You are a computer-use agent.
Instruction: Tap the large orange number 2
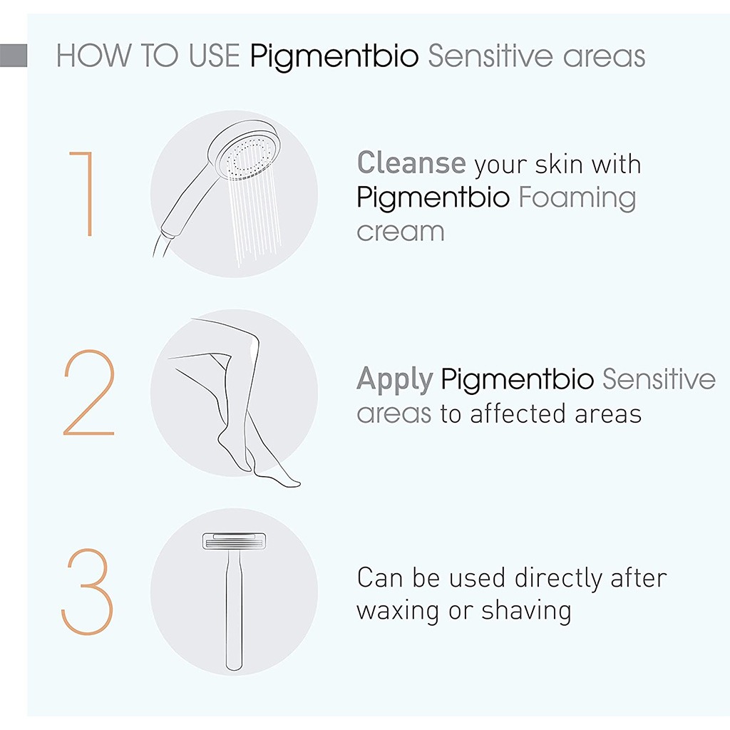[x=89, y=394]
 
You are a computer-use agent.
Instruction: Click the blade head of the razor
[x=234, y=543]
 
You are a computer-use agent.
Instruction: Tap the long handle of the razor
[x=234, y=613]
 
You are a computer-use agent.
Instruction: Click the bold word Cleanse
[x=411, y=163]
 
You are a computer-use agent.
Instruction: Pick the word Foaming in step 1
[x=577, y=197]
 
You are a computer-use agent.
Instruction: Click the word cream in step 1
[x=400, y=231]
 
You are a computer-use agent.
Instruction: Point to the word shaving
[x=526, y=611]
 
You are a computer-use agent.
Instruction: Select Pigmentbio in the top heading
[x=334, y=56]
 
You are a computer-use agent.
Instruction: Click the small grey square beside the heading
[x=14, y=56]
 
